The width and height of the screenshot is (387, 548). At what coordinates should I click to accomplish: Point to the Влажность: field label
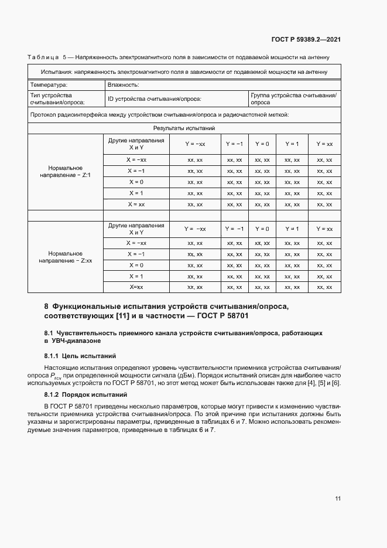click(123, 84)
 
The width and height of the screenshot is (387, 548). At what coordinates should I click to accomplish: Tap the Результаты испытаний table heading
click(184, 128)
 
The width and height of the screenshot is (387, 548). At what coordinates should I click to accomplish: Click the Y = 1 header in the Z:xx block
click(292, 229)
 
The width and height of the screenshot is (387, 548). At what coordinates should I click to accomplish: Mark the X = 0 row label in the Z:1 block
click(136, 182)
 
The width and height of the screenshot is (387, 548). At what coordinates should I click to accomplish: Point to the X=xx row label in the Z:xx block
click(136, 287)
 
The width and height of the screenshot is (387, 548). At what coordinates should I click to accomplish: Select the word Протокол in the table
click(44, 115)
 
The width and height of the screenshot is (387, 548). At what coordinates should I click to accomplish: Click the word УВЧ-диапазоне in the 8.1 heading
click(74, 341)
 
